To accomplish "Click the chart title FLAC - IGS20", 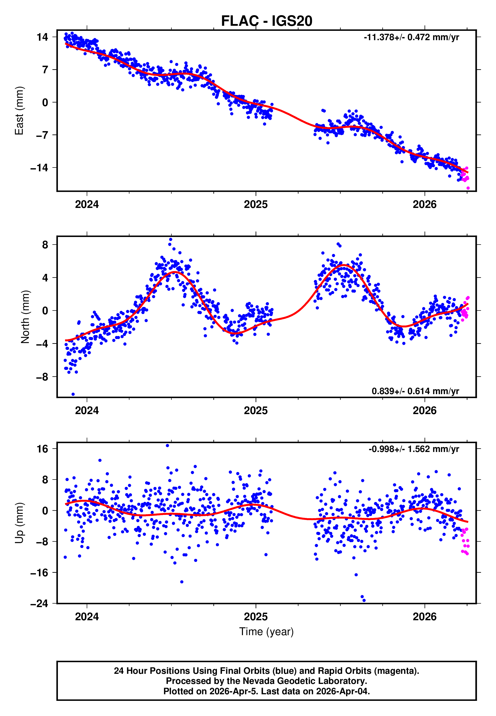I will point(266,21).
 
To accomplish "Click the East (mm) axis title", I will point(19,111).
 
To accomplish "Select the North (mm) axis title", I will point(25,317).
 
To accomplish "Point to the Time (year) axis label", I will point(266,632).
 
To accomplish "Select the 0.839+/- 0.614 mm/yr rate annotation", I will point(415,391).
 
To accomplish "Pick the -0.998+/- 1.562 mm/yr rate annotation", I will point(414,449).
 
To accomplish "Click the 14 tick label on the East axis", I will point(42,37).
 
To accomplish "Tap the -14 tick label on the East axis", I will point(39,168).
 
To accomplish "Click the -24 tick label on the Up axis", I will point(39,603).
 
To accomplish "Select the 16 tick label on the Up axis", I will point(42,449).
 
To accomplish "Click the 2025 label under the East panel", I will point(256,205).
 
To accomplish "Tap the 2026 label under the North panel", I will point(424,411).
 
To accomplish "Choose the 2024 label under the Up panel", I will point(87,617).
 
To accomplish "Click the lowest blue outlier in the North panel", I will point(73,394).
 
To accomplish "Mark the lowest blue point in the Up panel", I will point(364,600).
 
